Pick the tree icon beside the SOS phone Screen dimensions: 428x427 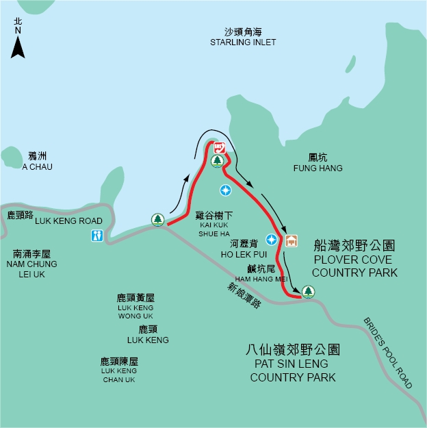pyautogui.click(x=217, y=161)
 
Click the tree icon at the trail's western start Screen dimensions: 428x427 pyautogui.click(x=158, y=219)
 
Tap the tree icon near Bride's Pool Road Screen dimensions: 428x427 pyautogui.click(x=309, y=292)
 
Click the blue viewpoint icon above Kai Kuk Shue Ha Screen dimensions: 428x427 pyautogui.click(x=224, y=189)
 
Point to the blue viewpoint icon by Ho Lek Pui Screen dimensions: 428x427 pyautogui.click(x=272, y=239)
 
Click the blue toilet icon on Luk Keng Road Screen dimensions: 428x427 pyautogui.click(x=98, y=236)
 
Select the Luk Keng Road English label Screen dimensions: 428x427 pyautogui.click(x=68, y=221)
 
